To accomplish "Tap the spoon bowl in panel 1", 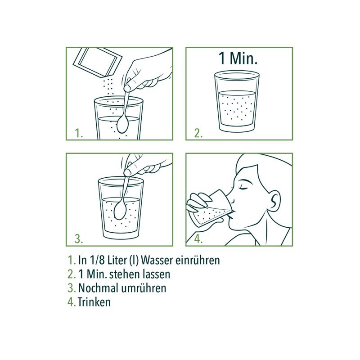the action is click(123, 125).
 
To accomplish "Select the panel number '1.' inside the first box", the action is click(79, 133).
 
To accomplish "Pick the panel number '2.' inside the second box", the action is click(198, 133).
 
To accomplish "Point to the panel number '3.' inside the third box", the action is click(79, 239).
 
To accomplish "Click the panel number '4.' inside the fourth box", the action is click(198, 239).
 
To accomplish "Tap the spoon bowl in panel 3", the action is click(121, 211).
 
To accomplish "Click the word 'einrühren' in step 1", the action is click(198, 261).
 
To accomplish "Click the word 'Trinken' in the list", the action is click(94, 302).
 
